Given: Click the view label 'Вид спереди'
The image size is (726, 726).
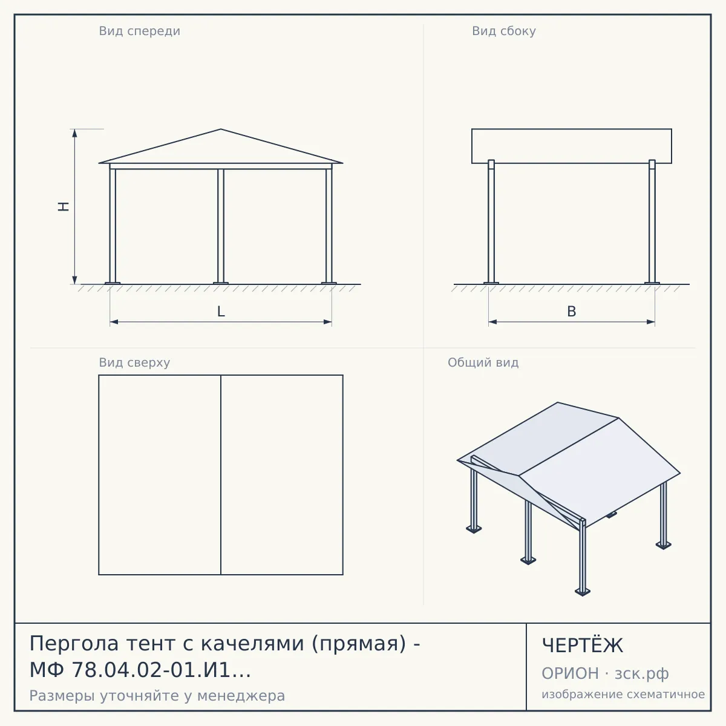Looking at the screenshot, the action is point(139,31).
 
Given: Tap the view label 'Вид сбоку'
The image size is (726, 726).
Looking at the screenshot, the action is point(504,31).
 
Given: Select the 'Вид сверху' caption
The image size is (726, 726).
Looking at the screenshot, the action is point(134,363).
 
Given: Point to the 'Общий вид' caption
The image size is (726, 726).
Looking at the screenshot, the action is point(483,362).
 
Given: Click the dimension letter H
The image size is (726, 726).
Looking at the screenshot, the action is point(64,206).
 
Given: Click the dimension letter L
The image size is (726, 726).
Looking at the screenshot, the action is point(221,312).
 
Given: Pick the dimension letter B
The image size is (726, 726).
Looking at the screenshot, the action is point(572,312).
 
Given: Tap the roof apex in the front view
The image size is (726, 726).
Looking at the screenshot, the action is point(221,129).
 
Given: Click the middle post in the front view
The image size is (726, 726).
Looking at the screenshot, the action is point(221,226).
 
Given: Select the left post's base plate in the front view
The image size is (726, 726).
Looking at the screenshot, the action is point(113,283).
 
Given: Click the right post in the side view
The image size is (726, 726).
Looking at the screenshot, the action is point(652,221).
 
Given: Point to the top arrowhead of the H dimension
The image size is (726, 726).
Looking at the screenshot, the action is point(74,133).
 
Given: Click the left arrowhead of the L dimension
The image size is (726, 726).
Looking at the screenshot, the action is point(114,322).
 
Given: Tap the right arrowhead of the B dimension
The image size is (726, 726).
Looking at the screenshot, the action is point(650,322).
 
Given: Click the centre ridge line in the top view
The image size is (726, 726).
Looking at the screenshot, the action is point(221,475).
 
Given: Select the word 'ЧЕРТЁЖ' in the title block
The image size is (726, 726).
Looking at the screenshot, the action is point(582,646).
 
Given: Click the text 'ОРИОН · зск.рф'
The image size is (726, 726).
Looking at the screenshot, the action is point(605,673).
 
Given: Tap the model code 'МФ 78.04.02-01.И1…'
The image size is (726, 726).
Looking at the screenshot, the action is point(140,670).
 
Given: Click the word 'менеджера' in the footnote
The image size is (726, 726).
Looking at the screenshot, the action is point(241,696).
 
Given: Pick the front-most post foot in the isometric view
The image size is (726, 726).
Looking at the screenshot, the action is point(583,592).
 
